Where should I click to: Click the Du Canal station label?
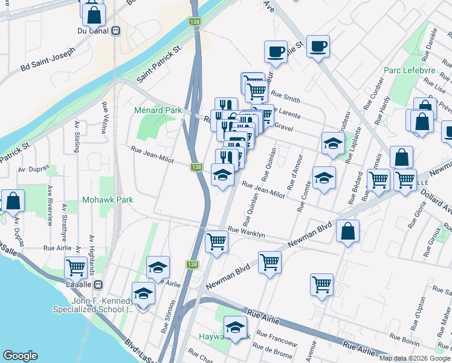(93, 30)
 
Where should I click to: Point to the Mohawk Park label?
(108, 199)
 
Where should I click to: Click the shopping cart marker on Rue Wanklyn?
(216, 242)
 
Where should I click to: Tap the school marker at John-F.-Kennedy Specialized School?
(144, 293)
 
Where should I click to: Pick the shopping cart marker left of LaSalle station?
(76, 267)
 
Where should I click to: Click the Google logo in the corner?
(20, 356)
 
